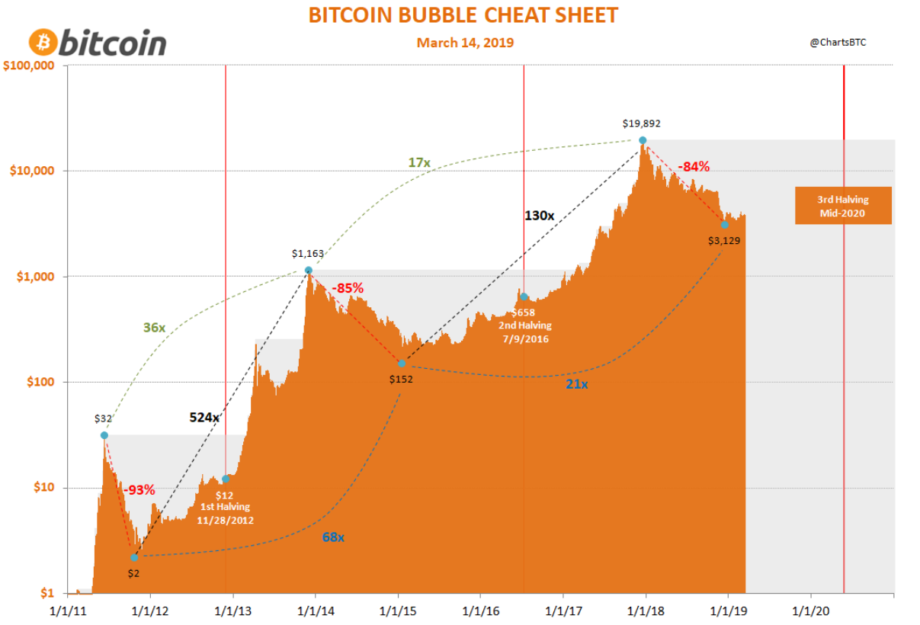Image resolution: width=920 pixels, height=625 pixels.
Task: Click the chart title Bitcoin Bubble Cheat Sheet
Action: [463, 15]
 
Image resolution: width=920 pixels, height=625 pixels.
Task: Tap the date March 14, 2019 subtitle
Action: [465, 43]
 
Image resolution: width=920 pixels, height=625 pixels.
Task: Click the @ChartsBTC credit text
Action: [838, 43]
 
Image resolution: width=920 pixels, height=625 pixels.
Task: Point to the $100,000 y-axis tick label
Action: [28, 66]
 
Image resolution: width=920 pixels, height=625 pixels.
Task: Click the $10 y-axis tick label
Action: [41, 487]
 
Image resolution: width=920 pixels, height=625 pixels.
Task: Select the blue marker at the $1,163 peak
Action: [309, 271]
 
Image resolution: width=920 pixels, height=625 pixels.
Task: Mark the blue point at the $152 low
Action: [402, 363]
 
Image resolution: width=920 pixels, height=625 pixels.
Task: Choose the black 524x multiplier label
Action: [204, 417]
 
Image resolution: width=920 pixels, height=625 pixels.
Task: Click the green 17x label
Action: [420, 162]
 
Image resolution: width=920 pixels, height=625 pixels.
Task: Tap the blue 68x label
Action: [333, 537]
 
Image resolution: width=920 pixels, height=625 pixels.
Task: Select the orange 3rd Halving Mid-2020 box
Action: [843, 206]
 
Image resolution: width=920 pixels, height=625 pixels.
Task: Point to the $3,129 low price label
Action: [724, 240]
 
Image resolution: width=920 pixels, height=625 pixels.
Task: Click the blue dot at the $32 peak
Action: [104, 435]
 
